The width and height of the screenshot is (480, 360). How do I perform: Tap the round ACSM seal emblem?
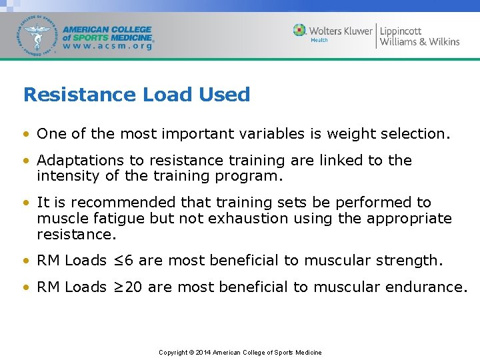point(38,35)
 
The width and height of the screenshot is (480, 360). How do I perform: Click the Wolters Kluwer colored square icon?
point(300,31)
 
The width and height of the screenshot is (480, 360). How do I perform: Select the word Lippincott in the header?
point(401,31)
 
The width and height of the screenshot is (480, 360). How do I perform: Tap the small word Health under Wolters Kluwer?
point(320,40)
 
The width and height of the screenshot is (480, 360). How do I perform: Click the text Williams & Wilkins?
point(419,42)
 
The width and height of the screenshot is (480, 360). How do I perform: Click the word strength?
point(409,261)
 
